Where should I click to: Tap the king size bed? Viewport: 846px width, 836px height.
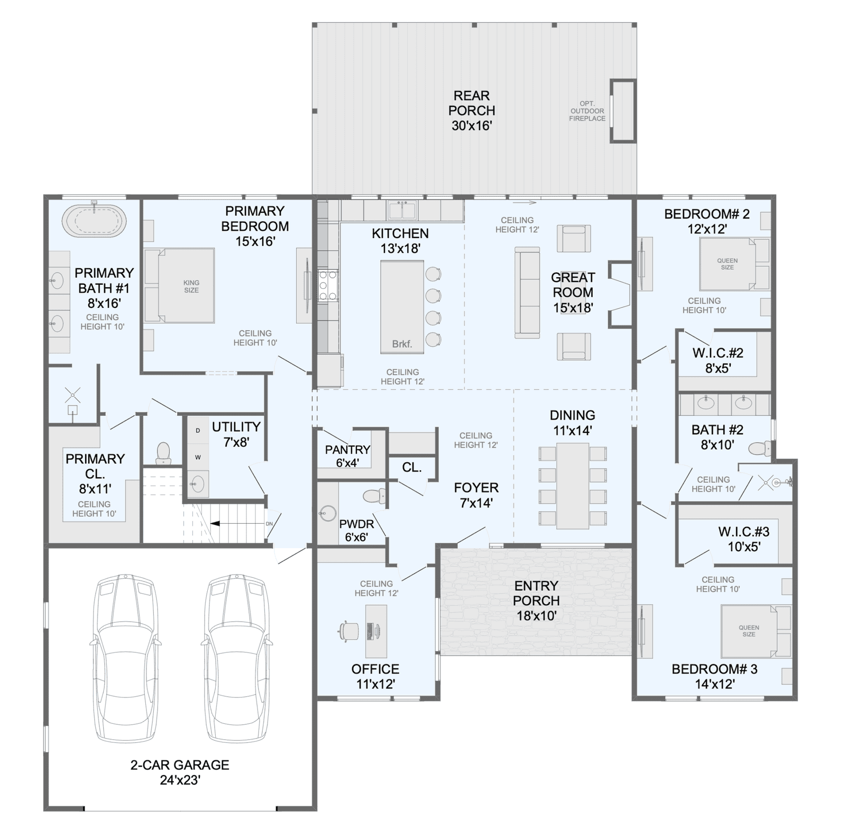coord(179,285)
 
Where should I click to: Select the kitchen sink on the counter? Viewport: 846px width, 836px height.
coord(402,210)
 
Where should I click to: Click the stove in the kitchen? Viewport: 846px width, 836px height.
coord(328,285)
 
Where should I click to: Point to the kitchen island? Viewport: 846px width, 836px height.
coord(402,307)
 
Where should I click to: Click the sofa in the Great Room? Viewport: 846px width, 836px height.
coord(527,293)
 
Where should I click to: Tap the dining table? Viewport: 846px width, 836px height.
coord(573,486)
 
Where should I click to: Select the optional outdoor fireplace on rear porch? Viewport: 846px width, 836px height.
coord(622,111)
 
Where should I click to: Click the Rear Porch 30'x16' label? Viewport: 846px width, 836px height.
coord(472,111)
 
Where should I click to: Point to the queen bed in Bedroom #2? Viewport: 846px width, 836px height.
coord(734,264)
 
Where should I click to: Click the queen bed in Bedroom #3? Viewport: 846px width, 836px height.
coord(756,631)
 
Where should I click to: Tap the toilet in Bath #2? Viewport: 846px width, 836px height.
coord(760,449)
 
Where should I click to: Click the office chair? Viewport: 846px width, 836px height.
coord(348,631)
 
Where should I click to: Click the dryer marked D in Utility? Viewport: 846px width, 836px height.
coord(198,430)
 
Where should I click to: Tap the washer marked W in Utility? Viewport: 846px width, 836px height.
coord(198,457)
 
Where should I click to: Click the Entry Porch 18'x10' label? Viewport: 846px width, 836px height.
coord(536,601)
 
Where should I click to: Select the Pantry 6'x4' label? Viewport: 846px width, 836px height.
coord(347,456)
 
